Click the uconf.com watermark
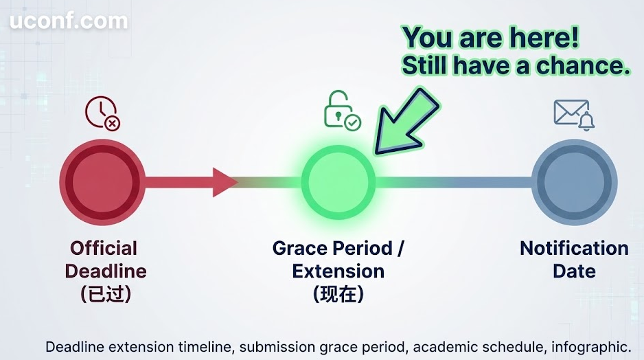[x=69, y=21]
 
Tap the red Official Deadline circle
[x=102, y=182]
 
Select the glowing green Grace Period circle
[x=338, y=182]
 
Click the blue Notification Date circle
[x=574, y=182]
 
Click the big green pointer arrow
[x=406, y=122]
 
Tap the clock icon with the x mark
[x=102, y=113]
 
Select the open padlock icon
[x=342, y=110]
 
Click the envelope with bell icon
[x=574, y=115]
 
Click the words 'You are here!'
[x=491, y=37]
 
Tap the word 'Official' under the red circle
[x=104, y=248]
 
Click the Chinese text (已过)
[x=106, y=294]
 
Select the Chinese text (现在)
[x=338, y=294]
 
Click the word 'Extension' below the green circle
[x=338, y=271]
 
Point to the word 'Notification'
[x=574, y=248]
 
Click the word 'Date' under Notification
[x=574, y=271]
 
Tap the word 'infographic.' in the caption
[x=591, y=347]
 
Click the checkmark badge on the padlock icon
[x=353, y=122]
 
